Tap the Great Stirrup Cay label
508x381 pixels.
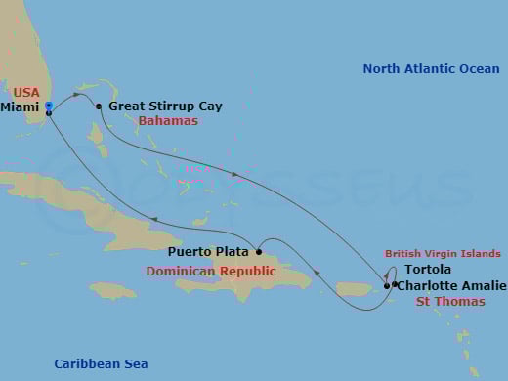[165, 106]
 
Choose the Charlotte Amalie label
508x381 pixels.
[450, 285]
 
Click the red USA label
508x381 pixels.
[26, 92]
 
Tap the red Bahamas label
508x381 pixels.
[168, 121]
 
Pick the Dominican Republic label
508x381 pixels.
[211, 271]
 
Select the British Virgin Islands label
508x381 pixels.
[443, 253]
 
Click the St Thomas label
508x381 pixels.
[450, 301]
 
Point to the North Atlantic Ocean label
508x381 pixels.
[431, 69]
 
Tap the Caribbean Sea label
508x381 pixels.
[101, 364]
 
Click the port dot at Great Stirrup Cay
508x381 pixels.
[99, 106]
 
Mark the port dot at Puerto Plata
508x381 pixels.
[259, 252]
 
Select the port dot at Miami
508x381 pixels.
[48, 113]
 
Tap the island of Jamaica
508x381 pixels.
[112, 290]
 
